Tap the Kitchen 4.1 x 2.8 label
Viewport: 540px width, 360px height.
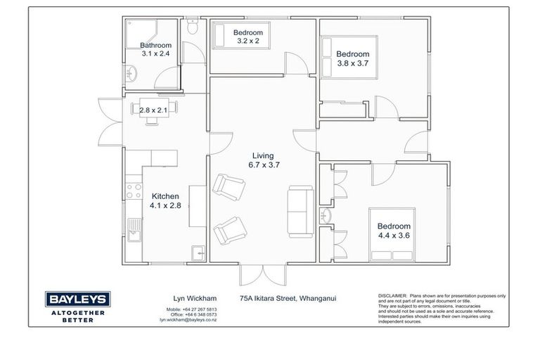pyautogui.click(x=165, y=201)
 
